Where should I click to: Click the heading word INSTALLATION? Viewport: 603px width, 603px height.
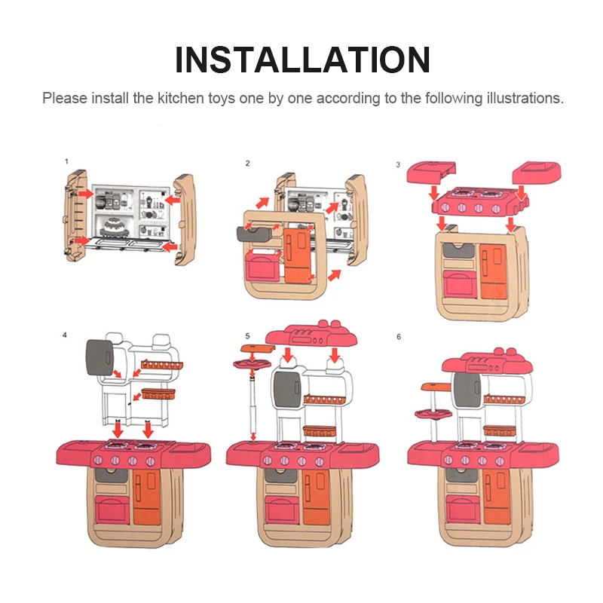click(x=302, y=60)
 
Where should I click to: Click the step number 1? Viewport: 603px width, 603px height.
click(x=66, y=161)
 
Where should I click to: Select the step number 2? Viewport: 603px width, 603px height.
click(x=248, y=164)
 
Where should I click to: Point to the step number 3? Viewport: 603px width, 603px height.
click(x=398, y=164)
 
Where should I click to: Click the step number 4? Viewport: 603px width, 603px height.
click(x=65, y=335)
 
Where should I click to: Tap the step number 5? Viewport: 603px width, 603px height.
click(x=248, y=336)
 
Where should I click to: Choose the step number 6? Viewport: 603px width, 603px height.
click(x=399, y=337)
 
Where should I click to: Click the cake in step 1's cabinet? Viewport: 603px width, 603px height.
click(x=114, y=227)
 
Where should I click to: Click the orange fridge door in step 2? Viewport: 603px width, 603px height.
click(x=298, y=255)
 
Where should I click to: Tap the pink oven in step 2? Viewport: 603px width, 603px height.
click(x=262, y=265)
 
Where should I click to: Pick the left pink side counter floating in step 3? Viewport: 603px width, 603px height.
click(x=431, y=172)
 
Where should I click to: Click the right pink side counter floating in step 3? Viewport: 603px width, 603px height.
click(x=537, y=173)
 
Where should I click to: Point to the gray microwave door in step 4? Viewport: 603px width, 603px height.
click(x=99, y=357)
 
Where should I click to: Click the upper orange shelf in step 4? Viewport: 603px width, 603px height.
click(x=162, y=365)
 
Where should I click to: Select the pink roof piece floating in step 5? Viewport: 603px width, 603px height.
click(x=311, y=334)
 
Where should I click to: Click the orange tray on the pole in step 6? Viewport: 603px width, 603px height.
click(x=436, y=387)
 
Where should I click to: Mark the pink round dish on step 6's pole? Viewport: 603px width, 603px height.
click(x=433, y=414)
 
